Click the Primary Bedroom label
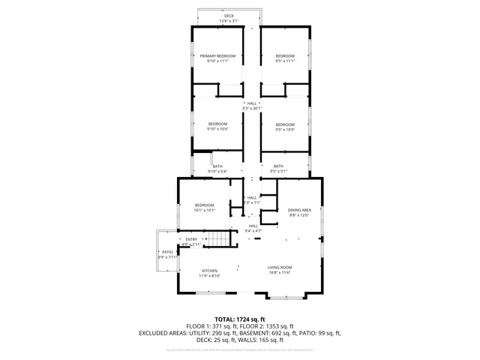217,56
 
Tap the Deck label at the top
229,16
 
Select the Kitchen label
209,270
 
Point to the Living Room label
280,267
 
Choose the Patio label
167,252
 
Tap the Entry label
191,239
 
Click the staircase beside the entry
217,240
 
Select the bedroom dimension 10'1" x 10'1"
205,211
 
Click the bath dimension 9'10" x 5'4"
217,172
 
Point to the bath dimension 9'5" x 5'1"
278,172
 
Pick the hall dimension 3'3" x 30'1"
252,109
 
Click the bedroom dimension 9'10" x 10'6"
217,129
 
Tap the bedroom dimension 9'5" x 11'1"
285,61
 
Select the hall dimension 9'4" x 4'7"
253,230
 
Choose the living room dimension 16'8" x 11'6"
280,272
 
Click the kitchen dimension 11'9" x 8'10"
209,275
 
